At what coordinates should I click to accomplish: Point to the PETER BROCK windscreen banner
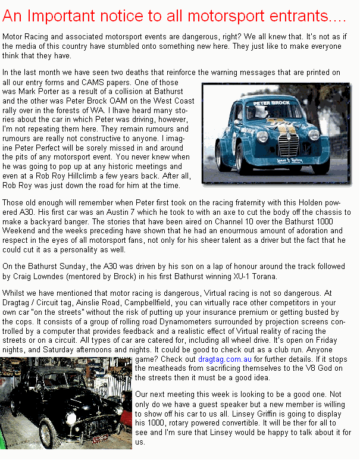click(272, 103)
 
